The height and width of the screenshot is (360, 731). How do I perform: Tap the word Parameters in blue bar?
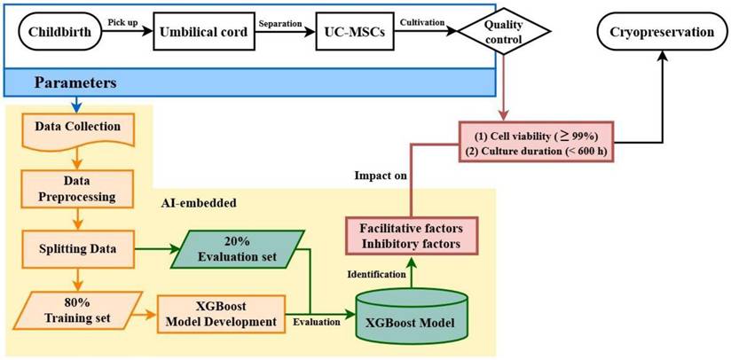(77, 82)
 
